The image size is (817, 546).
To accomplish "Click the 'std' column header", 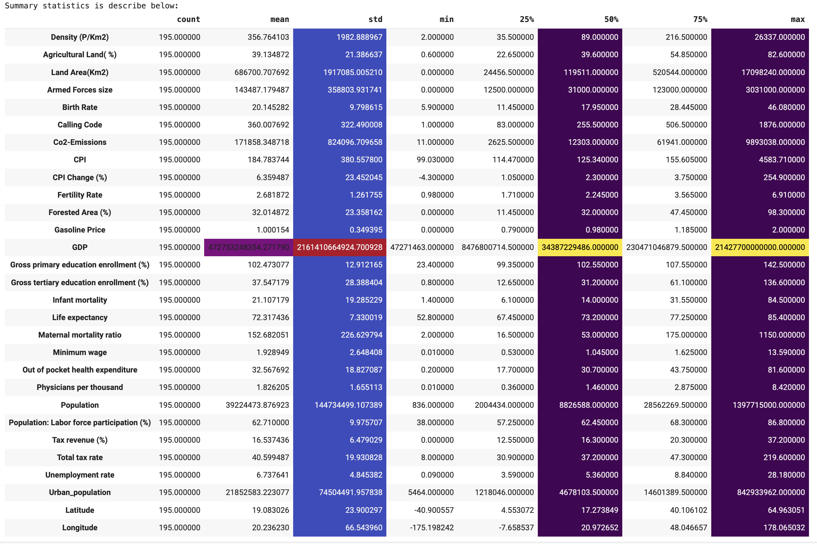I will [375, 20].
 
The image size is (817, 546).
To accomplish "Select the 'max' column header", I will [797, 20].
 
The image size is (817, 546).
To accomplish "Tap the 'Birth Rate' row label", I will [80, 107].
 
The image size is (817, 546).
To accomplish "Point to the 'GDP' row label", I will [80, 247].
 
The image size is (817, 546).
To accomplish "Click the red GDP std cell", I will [340, 247].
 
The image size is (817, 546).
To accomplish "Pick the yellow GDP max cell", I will [760, 247].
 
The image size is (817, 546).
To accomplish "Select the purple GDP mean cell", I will [248, 247].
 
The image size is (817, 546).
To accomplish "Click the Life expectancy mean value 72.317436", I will [270, 317].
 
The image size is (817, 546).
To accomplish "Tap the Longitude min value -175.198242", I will [432, 527].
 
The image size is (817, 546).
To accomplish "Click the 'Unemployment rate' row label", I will [80, 475].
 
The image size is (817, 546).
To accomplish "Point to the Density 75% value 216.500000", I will [686, 37].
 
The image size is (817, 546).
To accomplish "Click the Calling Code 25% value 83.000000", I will [515, 125].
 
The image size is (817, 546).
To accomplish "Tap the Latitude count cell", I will [179, 510].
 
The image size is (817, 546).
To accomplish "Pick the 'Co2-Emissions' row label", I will [80, 142].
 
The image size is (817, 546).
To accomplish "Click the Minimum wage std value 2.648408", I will [366, 352].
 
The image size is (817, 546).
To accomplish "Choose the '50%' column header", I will [611, 20].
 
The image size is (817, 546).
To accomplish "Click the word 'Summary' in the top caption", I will [21, 6].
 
